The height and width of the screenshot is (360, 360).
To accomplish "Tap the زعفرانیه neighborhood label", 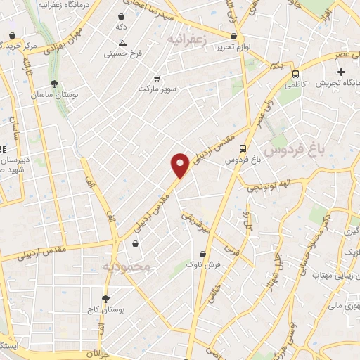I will pyautogui.click(x=187, y=41).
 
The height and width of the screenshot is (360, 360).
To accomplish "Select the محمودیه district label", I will pyautogui.click(x=127, y=267).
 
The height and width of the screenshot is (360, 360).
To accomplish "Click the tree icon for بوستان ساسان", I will pyautogui.click(x=55, y=84).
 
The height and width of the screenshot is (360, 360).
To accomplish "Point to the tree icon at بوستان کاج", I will pyautogui.click(x=106, y=298).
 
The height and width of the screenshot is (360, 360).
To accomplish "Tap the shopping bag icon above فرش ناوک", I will pyautogui.click(x=203, y=254).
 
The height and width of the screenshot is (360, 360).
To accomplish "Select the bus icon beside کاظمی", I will pyautogui.click(x=295, y=73).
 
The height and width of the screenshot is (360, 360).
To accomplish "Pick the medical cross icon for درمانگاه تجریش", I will pyautogui.click(x=342, y=72).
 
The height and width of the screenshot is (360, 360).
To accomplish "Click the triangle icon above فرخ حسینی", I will pyautogui.click(x=123, y=42).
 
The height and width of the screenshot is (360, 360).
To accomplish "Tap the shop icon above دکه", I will pyautogui.click(x=122, y=16).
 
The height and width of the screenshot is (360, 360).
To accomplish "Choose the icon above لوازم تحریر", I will pyautogui.click(x=233, y=34).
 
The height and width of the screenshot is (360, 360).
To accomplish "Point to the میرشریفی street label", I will pyautogui.click(x=195, y=223).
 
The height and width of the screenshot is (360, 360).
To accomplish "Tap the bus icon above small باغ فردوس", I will pyautogui.click(x=243, y=148).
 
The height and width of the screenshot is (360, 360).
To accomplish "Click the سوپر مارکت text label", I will pyautogui.click(x=155, y=89).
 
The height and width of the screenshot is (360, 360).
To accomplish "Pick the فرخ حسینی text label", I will pyautogui.click(x=123, y=53).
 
